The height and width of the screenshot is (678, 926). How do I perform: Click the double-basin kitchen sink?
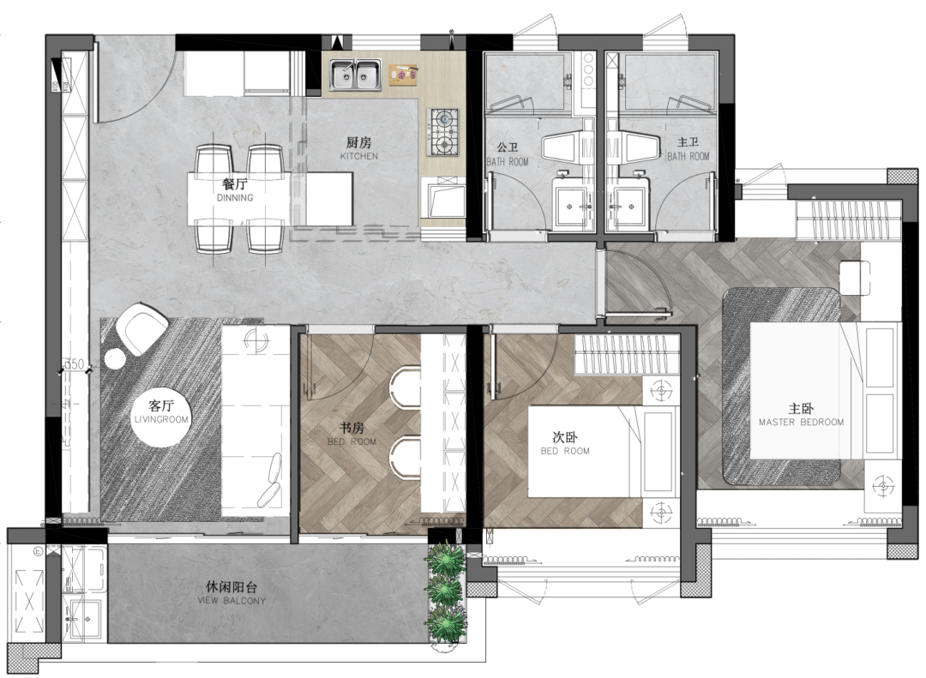tap(357, 75)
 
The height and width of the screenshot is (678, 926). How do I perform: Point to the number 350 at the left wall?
tap(74, 366)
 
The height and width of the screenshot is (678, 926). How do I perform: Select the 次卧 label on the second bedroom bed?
tap(563, 437)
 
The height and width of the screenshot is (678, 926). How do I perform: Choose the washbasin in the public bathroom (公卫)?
tap(572, 202)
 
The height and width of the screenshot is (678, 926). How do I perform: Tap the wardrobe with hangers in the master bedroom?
tap(849, 219)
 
